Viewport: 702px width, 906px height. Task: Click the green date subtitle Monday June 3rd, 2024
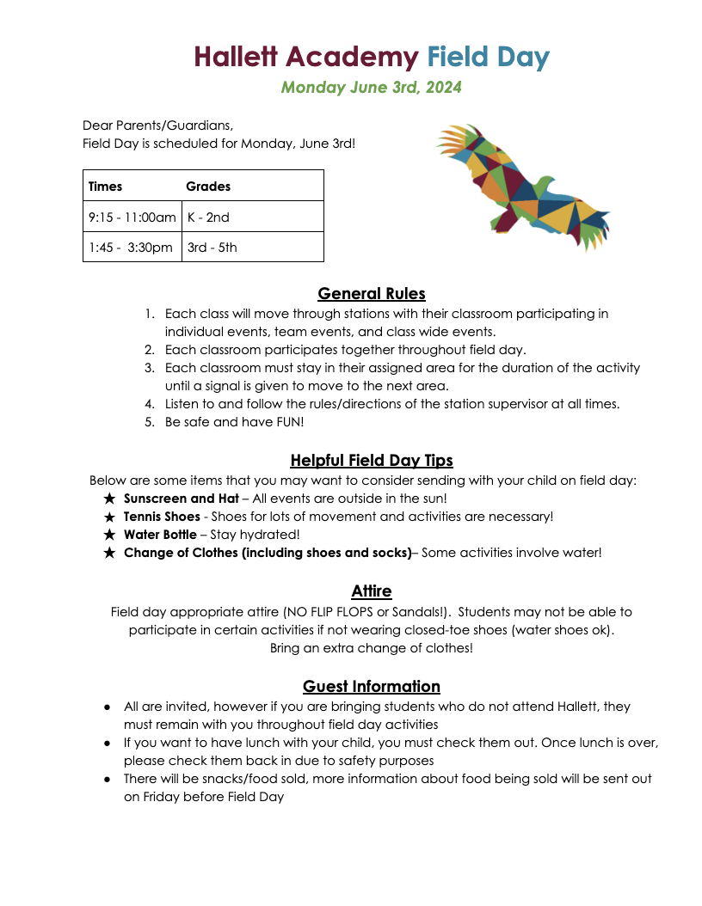tap(372, 88)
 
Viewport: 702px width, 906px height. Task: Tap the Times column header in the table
tap(106, 186)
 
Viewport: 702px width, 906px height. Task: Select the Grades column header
tap(208, 186)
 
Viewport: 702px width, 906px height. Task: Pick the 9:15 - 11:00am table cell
tap(132, 217)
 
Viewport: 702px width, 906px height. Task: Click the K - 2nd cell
tap(208, 217)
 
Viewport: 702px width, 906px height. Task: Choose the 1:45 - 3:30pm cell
tap(130, 248)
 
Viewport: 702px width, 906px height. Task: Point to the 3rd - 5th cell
tap(212, 248)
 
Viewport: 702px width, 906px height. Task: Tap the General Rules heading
tap(372, 294)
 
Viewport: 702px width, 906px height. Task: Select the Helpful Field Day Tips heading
tap(372, 460)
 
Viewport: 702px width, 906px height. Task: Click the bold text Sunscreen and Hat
tap(181, 499)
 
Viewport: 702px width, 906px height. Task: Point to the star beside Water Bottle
tap(109, 535)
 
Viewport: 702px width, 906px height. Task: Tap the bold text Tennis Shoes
tap(162, 517)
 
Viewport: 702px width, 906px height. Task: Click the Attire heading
tap(372, 591)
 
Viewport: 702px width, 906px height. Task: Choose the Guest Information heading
tap(372, 686)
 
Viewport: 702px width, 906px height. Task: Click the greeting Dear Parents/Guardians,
tap(157, 125)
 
